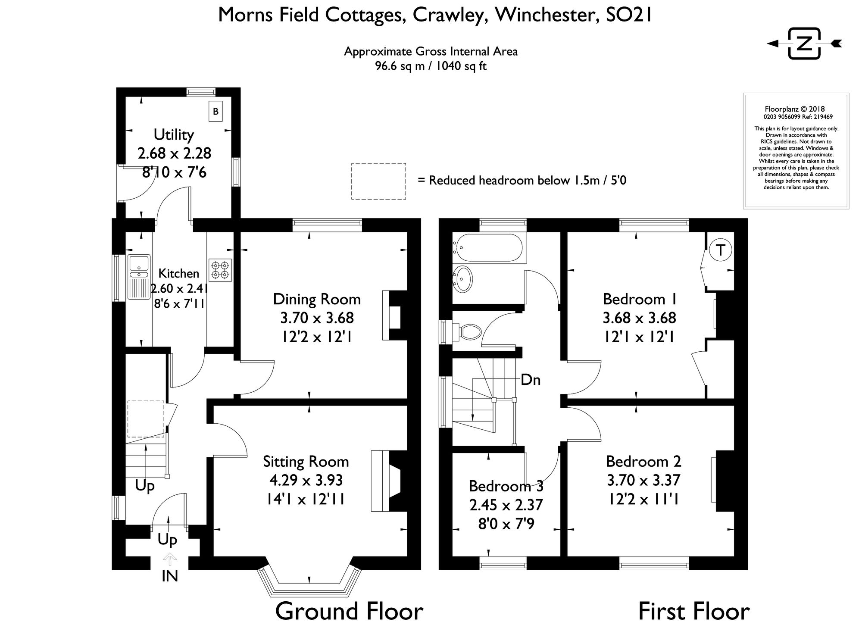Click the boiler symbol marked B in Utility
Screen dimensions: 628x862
click(215, 112)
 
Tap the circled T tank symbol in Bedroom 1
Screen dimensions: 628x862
click(720, 250)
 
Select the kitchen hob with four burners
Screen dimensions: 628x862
click(220, 270)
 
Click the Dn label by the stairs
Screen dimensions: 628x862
click(531, 380)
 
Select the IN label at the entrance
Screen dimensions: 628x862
click(170, 576)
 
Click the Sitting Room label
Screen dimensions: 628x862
click(306, 462)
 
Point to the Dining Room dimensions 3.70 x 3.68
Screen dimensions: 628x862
click(317, 318)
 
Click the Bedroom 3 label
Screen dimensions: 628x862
click(506, 486)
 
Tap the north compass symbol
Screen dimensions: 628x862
click(804, 44)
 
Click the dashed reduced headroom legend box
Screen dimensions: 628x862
click(378, 181)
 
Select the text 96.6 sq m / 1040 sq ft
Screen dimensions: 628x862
click(431, 66)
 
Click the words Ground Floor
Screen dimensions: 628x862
click(349, 611)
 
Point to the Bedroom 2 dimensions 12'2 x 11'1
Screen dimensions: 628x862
click(643, 499)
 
